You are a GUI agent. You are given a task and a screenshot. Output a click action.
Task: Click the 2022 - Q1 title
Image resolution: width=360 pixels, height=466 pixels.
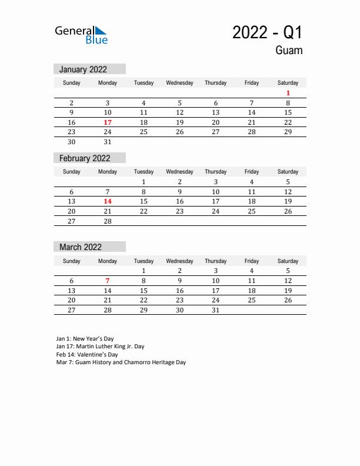(x=267, y=32)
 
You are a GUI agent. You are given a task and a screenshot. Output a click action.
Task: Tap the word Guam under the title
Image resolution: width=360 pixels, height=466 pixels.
(x=288, y=51)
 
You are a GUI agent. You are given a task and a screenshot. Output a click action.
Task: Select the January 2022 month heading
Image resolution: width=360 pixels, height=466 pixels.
(x=83, y=69)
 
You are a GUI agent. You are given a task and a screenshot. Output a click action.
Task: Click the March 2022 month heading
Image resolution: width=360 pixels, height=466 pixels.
(x=80, y=247)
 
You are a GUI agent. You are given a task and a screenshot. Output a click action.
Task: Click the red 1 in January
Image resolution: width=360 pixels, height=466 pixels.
(x=288, y=93)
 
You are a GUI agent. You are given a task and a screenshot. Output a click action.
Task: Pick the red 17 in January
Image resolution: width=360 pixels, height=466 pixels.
(x=108, y=122)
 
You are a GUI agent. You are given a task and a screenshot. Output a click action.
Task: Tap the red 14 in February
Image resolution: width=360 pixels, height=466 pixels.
(x=108, y=201)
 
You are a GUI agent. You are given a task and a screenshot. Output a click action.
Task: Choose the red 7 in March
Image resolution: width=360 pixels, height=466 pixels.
(x=108, y=281)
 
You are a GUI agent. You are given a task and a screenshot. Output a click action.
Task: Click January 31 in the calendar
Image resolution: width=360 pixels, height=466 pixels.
(x=108, y=142)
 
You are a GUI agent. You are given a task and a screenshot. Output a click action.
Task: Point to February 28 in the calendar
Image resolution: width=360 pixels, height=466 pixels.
(x=108, y=221)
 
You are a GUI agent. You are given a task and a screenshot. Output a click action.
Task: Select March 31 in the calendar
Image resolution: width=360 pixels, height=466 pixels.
(x=215, y=309)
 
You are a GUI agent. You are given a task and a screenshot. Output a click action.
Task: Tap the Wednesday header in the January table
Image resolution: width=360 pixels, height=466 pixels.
(x=179, y=83)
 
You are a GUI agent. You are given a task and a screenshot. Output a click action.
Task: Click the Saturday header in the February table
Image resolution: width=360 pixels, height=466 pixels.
(x=288, y=172)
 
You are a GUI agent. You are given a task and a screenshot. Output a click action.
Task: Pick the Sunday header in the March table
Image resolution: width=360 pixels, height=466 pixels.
(x=72, y=261)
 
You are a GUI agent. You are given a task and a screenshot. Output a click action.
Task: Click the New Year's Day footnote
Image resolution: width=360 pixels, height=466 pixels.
(x=85, y=339)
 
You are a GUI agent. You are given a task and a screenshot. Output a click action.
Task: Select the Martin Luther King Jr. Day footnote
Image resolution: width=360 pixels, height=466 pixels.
(x=100, y=347)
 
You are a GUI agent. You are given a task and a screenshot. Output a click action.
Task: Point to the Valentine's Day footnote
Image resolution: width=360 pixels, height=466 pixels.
(x=87, y=355)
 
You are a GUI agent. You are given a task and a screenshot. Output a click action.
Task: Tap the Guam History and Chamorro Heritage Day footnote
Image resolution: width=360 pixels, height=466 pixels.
(x=121, y=362)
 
